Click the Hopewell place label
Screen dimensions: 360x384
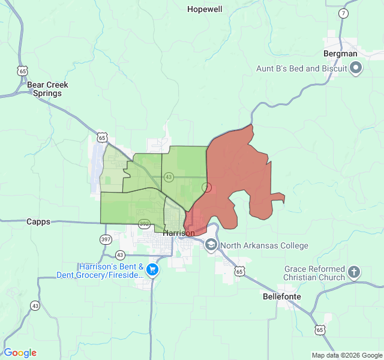coord(205,9)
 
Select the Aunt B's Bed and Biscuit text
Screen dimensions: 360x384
coord(302,68)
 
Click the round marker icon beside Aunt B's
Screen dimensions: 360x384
coord(356,68)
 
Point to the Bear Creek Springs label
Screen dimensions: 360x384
coord(47,89)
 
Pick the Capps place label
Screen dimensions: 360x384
coord(38,221)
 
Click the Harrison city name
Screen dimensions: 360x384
coord(179,233)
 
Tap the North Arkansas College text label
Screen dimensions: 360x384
coord(264,245)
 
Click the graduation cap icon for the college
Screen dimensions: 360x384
coord(211,245)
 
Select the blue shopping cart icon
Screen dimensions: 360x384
coord(152,269)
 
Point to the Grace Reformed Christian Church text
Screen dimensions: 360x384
coord(314,273)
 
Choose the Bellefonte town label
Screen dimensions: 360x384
coord(282,296)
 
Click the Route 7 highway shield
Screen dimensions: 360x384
coord(343,13)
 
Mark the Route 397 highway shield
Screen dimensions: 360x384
coord(106,239)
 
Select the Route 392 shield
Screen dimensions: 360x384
coord(144,224)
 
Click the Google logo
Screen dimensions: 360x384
coord(20,353)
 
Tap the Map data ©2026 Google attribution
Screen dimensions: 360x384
coord(346,355)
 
